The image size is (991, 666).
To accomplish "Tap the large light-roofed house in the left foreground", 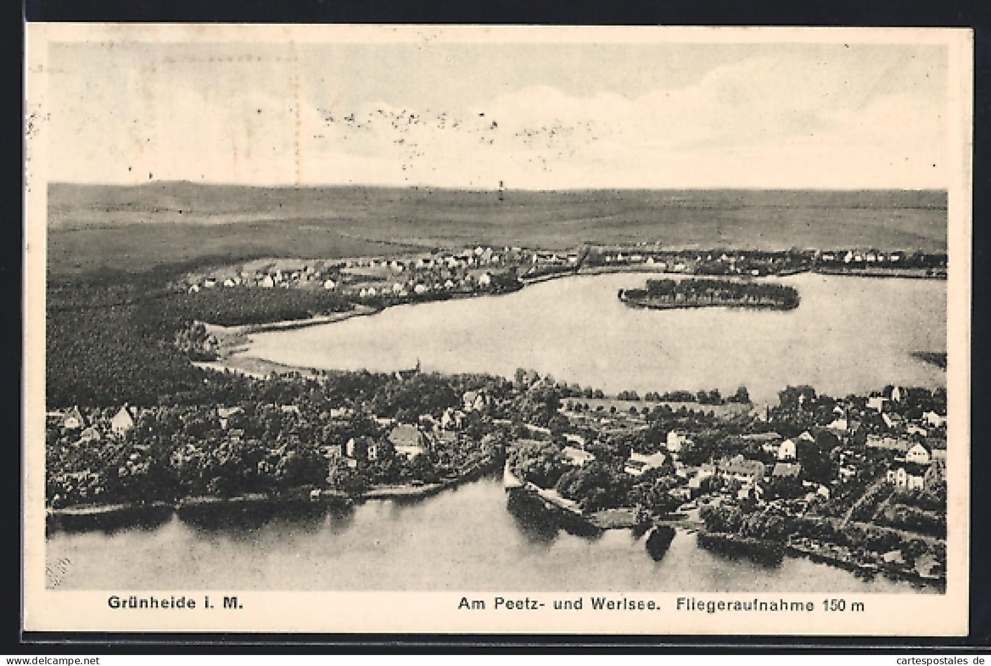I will (407, 439).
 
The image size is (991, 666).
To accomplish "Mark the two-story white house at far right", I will (909, 473).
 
